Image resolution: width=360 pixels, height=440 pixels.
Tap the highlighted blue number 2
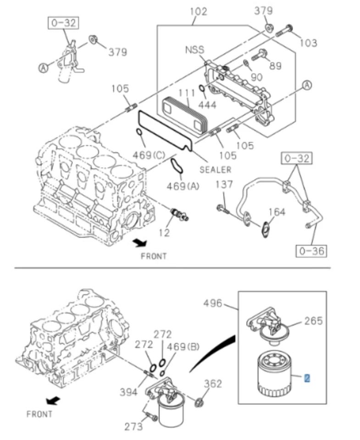click(x=307, y=378)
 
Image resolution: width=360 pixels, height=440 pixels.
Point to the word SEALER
click(x=216, y=170)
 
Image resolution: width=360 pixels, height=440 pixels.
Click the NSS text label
click(x=195, y=49)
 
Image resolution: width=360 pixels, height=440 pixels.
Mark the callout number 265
click(x=313, y=320)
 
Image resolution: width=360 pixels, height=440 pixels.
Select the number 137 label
click(x=224, y=184)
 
